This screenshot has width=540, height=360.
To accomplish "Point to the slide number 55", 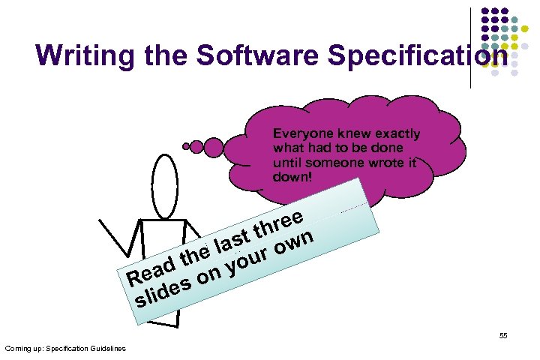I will pos(503,336).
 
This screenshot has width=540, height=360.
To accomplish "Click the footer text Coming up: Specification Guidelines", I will pos(65,349).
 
